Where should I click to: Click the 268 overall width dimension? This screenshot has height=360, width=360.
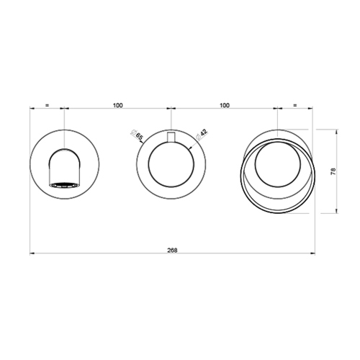172,251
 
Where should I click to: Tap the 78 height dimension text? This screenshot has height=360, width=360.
333,171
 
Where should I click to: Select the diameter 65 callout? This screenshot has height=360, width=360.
137,135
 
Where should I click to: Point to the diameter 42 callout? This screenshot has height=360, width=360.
202,135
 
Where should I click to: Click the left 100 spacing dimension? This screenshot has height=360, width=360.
118,105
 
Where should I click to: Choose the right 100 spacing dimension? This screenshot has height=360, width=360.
225,105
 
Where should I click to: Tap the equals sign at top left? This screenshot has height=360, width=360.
48,105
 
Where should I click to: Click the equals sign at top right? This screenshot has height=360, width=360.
295,105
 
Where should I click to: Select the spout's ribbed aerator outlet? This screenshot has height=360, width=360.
64,185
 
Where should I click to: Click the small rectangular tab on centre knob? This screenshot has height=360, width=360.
171,138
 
